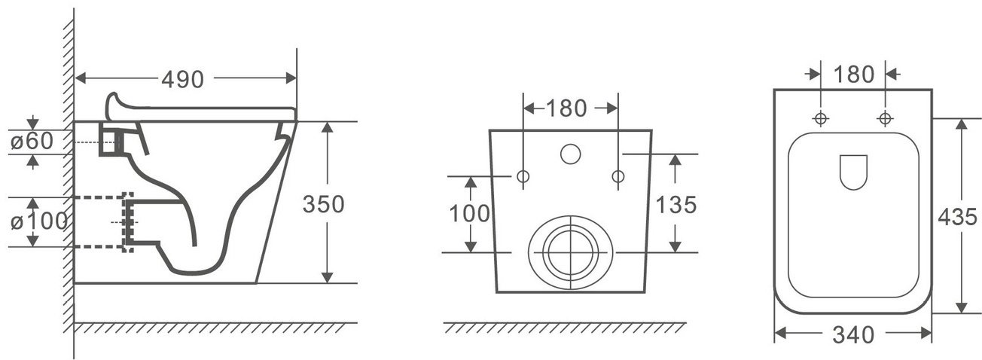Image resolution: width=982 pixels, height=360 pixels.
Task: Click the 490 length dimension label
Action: coord(183,79)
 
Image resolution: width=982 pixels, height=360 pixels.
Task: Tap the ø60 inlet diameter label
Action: coord(32,141)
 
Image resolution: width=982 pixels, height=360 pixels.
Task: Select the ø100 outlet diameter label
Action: coord(39,221)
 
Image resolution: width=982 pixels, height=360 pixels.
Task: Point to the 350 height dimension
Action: coord(324,204)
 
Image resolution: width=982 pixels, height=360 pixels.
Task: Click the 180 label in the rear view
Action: coord(566,108)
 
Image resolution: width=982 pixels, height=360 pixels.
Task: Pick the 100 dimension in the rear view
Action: coord(469,214)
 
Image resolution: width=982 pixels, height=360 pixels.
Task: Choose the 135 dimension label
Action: coord(676,205)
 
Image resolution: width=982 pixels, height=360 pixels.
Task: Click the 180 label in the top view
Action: coord(853,75)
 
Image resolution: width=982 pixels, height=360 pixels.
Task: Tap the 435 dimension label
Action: coord(957,217)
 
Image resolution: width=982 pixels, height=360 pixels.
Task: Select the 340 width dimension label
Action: coord(853,335)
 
